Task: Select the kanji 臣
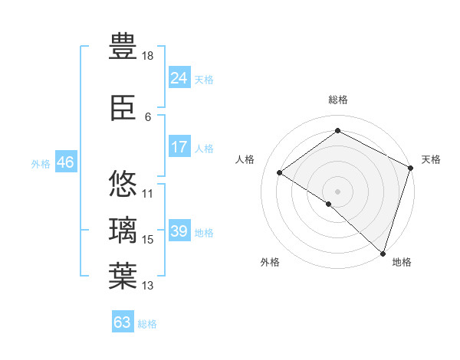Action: pos(123,110)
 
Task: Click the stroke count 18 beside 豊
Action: pos(149,57)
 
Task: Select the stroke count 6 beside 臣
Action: pos(148,117)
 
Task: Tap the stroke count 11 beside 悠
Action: pos(148,193)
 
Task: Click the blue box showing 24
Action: pos(179,78)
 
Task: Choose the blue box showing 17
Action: pos(179,147)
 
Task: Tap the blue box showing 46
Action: pos(65,162)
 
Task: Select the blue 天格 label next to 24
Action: pos(204,79)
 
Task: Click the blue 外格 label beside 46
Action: pos(41,163)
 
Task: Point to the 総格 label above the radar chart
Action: pos(338,100)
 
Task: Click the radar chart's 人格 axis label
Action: pos(245,159)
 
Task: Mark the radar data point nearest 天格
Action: pos(411,169)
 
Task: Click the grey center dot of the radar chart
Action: pos(337,191)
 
